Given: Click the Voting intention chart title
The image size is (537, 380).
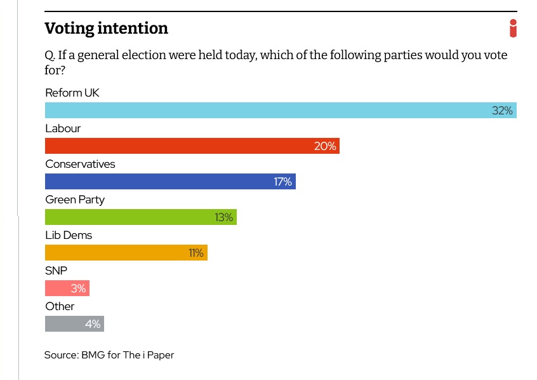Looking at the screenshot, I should pyautogui.click(x=106, y=29).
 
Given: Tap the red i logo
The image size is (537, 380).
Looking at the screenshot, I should pyautogui.click(x=513, y=29).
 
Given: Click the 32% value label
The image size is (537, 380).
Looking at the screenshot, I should pyautogui.click(x=502, y=111).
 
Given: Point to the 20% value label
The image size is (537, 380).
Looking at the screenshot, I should pyautogui.click(x=324, y=146).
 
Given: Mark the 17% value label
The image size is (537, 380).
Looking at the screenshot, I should pyautogui.click(x=282, y=182).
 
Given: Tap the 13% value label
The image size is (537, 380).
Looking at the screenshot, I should pyautogui.click(x=223, y=217).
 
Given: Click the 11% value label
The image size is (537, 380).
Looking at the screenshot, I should pyautogui.click(x=196, y=253).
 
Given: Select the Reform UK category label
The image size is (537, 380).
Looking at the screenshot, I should pyautogui.click(x=72, y=93).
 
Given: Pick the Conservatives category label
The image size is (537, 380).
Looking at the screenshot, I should pyautogui.click(x=80, y=164).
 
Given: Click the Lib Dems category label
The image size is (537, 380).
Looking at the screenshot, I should pyautogui.click(x=69, y=235).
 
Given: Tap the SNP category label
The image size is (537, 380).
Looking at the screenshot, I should pyautogui.click(x=56, y=271).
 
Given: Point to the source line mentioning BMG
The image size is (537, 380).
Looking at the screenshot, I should pyautogui.click(x=109, y=355).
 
